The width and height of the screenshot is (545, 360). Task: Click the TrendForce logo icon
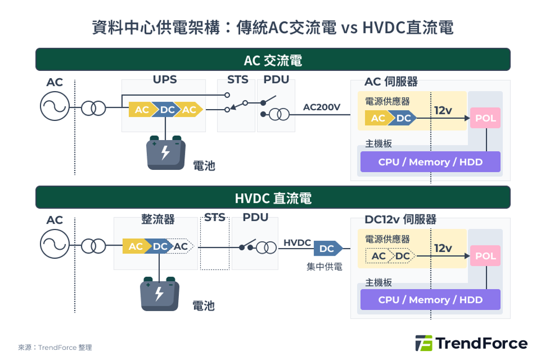coord(423,343)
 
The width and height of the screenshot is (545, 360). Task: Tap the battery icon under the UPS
coord(166,153)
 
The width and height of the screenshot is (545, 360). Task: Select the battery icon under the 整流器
coord(159,294)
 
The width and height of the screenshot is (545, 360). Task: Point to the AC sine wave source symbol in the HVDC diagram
coord(54,244)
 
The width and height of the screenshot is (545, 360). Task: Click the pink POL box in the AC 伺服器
coord(485,118)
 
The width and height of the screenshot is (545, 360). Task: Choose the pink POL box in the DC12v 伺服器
coord(485,256)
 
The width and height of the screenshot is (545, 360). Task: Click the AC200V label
coord(321,107)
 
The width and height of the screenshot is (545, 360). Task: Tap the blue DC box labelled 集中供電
coord(327,249)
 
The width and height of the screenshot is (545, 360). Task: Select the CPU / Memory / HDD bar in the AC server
coord(430,162)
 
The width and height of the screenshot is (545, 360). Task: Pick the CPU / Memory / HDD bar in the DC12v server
coord(430,300)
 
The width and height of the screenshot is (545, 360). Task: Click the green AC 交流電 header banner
coord(272,60)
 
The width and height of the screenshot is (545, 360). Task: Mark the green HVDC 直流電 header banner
coord(272,198)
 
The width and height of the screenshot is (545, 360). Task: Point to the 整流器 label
coord(158,219)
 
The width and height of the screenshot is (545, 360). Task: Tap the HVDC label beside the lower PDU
coord(297,243)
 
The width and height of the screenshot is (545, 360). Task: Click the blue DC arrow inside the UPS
coord(167,110)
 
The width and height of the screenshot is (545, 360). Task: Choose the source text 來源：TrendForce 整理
coord(55,347)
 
